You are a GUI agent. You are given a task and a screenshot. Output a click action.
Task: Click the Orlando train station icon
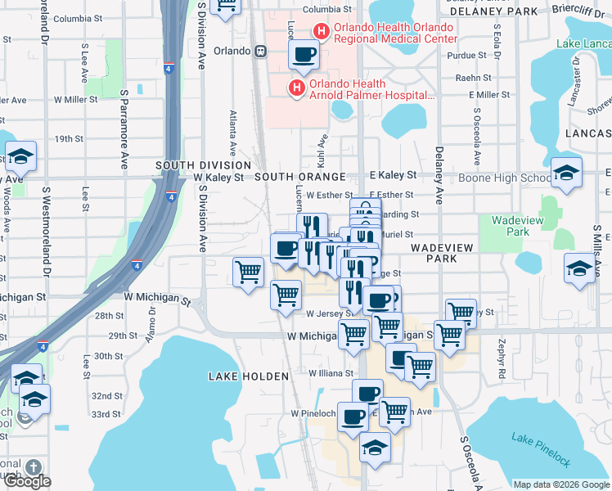tap(260, 51)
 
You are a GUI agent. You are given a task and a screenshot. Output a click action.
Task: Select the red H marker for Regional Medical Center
tap(321, 32)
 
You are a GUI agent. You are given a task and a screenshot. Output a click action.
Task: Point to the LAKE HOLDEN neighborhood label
tap(249, 376)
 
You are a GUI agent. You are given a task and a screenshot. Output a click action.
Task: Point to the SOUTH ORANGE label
tap(296, 177)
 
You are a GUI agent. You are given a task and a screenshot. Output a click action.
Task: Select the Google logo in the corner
tap(27, 481)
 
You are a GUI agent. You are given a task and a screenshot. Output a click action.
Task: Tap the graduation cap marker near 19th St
tap(21, 156)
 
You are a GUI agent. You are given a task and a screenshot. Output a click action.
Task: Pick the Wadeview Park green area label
tap(512, 226)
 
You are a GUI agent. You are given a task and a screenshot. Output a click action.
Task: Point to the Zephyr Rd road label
tap(498, 354)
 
